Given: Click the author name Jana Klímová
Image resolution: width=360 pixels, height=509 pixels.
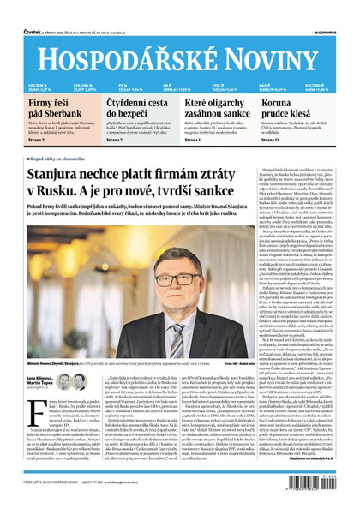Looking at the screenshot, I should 39,378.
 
